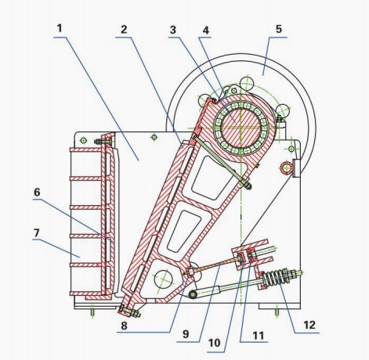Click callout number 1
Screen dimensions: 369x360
60,28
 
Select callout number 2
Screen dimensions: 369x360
124,29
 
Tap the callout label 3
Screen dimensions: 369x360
172,30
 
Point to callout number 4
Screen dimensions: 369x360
206,31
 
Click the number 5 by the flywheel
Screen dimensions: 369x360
279,29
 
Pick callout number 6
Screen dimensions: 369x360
37,193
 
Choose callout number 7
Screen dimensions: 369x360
37,233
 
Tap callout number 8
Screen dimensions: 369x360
124,326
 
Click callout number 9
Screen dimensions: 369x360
186,334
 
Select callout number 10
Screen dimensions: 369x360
214,343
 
